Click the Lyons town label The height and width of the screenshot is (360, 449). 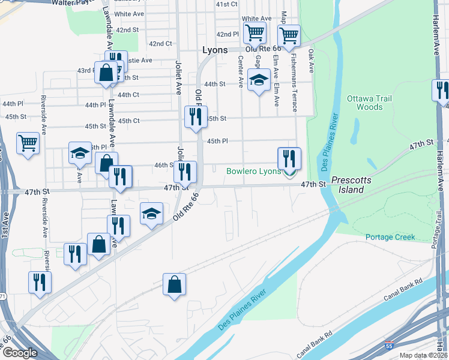point(215,50)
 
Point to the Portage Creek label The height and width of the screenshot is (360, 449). point(390,237)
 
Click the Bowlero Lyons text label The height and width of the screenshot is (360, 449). point(253,172)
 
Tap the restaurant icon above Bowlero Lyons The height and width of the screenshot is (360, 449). point(289,158)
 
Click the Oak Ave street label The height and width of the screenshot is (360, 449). point(312,61)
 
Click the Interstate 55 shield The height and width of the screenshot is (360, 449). point(390,347)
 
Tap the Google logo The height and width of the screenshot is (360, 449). point(20,353)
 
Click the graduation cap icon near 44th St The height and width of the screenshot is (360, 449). point(259,80)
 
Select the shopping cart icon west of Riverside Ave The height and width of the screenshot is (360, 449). point(28,143)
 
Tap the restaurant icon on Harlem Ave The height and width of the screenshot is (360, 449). point(442,91)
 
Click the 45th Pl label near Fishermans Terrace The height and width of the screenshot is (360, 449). point(217,141)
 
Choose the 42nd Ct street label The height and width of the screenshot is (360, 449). point(160,44)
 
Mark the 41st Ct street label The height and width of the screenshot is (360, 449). point(227,4)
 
